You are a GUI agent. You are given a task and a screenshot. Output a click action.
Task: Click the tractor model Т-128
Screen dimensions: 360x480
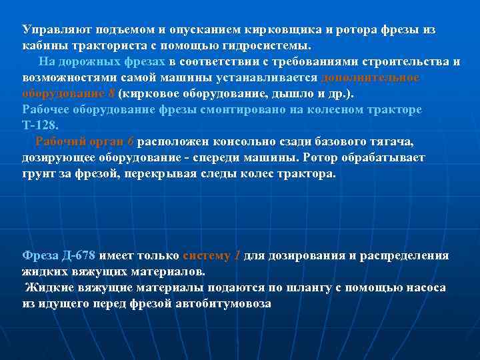tap(40, 126)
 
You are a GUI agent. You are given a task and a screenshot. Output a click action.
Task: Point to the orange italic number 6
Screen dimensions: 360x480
tap(131, 142)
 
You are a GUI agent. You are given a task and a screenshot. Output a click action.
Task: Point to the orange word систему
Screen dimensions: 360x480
tap(206, 256)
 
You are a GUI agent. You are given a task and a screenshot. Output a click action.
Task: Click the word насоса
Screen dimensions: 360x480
tap(425, 288)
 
